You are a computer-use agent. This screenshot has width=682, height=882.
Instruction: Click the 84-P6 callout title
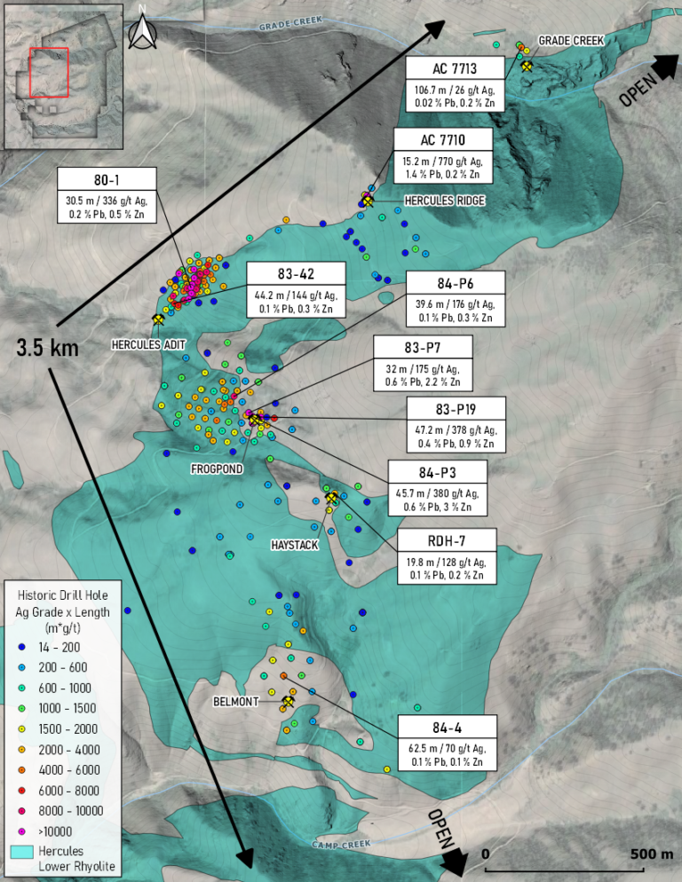click(x=455, y=283)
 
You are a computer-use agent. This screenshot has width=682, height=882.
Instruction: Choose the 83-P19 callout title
click(x=456, y=409)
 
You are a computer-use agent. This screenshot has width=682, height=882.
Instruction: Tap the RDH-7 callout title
click(x=441, y=541)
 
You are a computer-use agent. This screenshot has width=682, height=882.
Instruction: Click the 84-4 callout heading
click(x=447, y=724)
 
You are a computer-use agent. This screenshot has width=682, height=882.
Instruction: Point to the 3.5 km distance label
click(x=48, y=348)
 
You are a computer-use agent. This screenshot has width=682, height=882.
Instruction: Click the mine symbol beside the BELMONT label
click(x=288, y=702)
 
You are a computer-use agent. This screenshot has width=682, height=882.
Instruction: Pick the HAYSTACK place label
click(x=294, y=546)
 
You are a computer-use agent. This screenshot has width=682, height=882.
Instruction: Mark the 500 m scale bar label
click(x=652, y=854)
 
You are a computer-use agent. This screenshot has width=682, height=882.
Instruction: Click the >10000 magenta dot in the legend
click(x=22, y=831)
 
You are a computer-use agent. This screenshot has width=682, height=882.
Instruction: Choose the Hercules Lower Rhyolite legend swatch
click(x=22, y=851)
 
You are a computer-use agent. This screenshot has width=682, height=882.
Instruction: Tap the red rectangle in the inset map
click(x=49, y=72)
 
